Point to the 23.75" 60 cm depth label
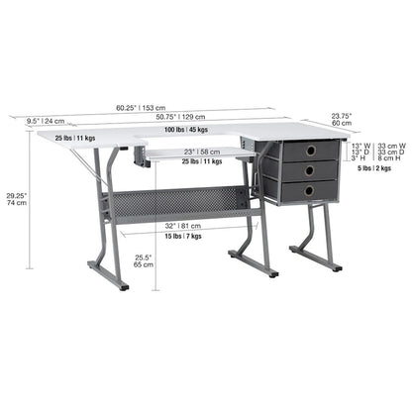pyautogui.click(x=343, y=119)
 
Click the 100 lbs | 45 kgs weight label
pyautogui.click(x=178, y=130)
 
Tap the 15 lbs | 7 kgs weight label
pyautogui.click(x=182, y=237)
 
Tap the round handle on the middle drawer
pyautogui.click(x=310, y=169)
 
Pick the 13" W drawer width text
pyautogui.click(x=360, y=147)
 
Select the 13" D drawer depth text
pyautogui.click(x=360, y=154)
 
